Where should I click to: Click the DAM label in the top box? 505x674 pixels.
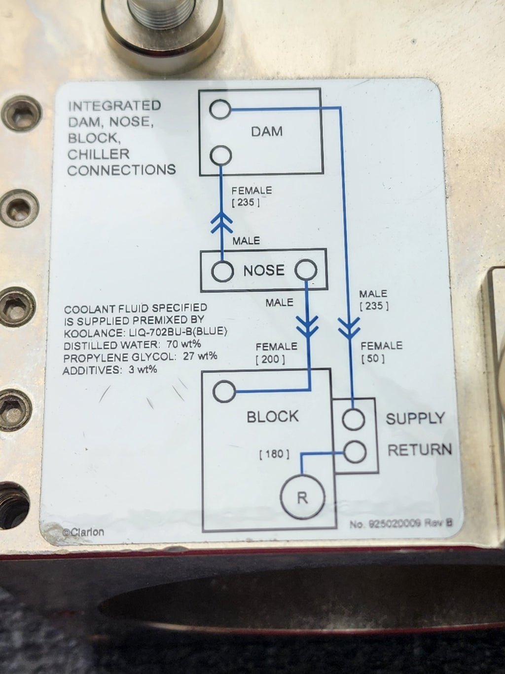tap(267, 131)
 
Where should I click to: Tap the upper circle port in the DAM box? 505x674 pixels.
tap(219, 109)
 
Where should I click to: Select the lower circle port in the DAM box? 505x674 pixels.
tap(220, 156)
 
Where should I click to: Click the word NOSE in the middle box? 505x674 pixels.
tap(264, 270)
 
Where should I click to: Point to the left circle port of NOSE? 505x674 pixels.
tap(222, 271)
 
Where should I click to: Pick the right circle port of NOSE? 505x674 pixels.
tap(306, 271)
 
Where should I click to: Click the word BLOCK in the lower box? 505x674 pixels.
tap(273, 417)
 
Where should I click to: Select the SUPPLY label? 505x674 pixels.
tap(415, 419)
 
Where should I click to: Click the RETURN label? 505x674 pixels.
tap(419, 450)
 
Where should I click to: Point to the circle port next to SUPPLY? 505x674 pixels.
tap(354, 420)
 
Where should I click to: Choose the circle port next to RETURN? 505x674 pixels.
tap(355, 451)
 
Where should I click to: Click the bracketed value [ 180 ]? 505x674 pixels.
tap(274, 454)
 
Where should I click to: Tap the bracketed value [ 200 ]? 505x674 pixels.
tap(270, 359)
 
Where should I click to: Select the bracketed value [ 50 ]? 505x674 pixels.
tap(373, 358)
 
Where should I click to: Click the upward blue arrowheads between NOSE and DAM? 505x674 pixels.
tap(222, 223)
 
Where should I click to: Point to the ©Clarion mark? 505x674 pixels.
tap(83, 532)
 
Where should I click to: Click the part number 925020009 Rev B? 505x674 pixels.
tap(400, 524)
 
